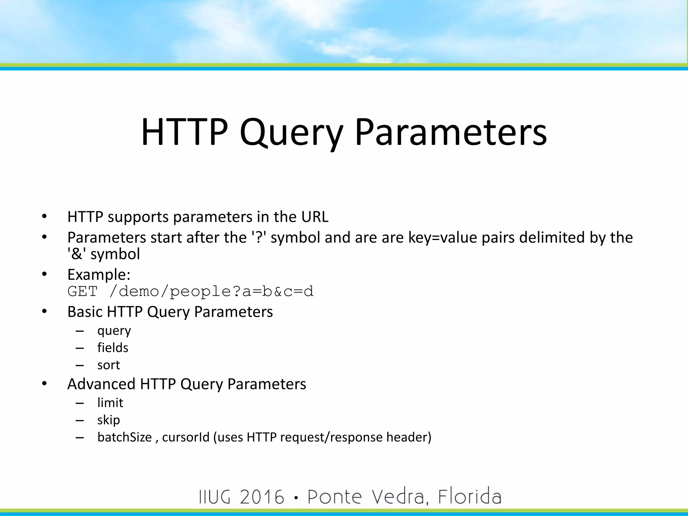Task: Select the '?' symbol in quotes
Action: [x=259, y=238]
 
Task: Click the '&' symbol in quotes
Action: [x=77, y=254]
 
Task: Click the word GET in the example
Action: [x=82, y=291]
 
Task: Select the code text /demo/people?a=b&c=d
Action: [x=211, y=291]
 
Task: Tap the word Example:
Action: [x=99, y=274]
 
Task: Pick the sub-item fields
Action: [x=113, y=348]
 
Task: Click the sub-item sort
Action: [x=109, y=365]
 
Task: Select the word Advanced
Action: [x=101, y=384]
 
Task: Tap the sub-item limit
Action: [x=110, y=403]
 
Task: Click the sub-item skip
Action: [x=109, y=420]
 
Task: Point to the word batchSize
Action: [x=125, y=437]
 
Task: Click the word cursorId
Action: [x=186, y=437]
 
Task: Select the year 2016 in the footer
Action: [x=262, y=497]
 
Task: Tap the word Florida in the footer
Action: [x=469, y=497]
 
